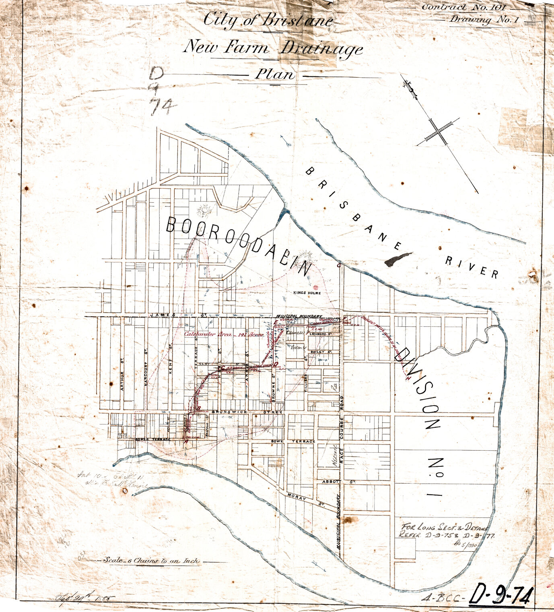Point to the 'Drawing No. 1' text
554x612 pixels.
(x=482, y=19)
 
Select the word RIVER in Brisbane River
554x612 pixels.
(x=472, y=267)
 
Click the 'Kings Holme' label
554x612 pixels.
(x=307, y=293)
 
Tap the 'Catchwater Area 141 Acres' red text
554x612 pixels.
(x=224, y=334)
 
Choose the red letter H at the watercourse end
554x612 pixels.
(x=408, y=379)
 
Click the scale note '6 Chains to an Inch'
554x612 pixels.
(x=151, y=560)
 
